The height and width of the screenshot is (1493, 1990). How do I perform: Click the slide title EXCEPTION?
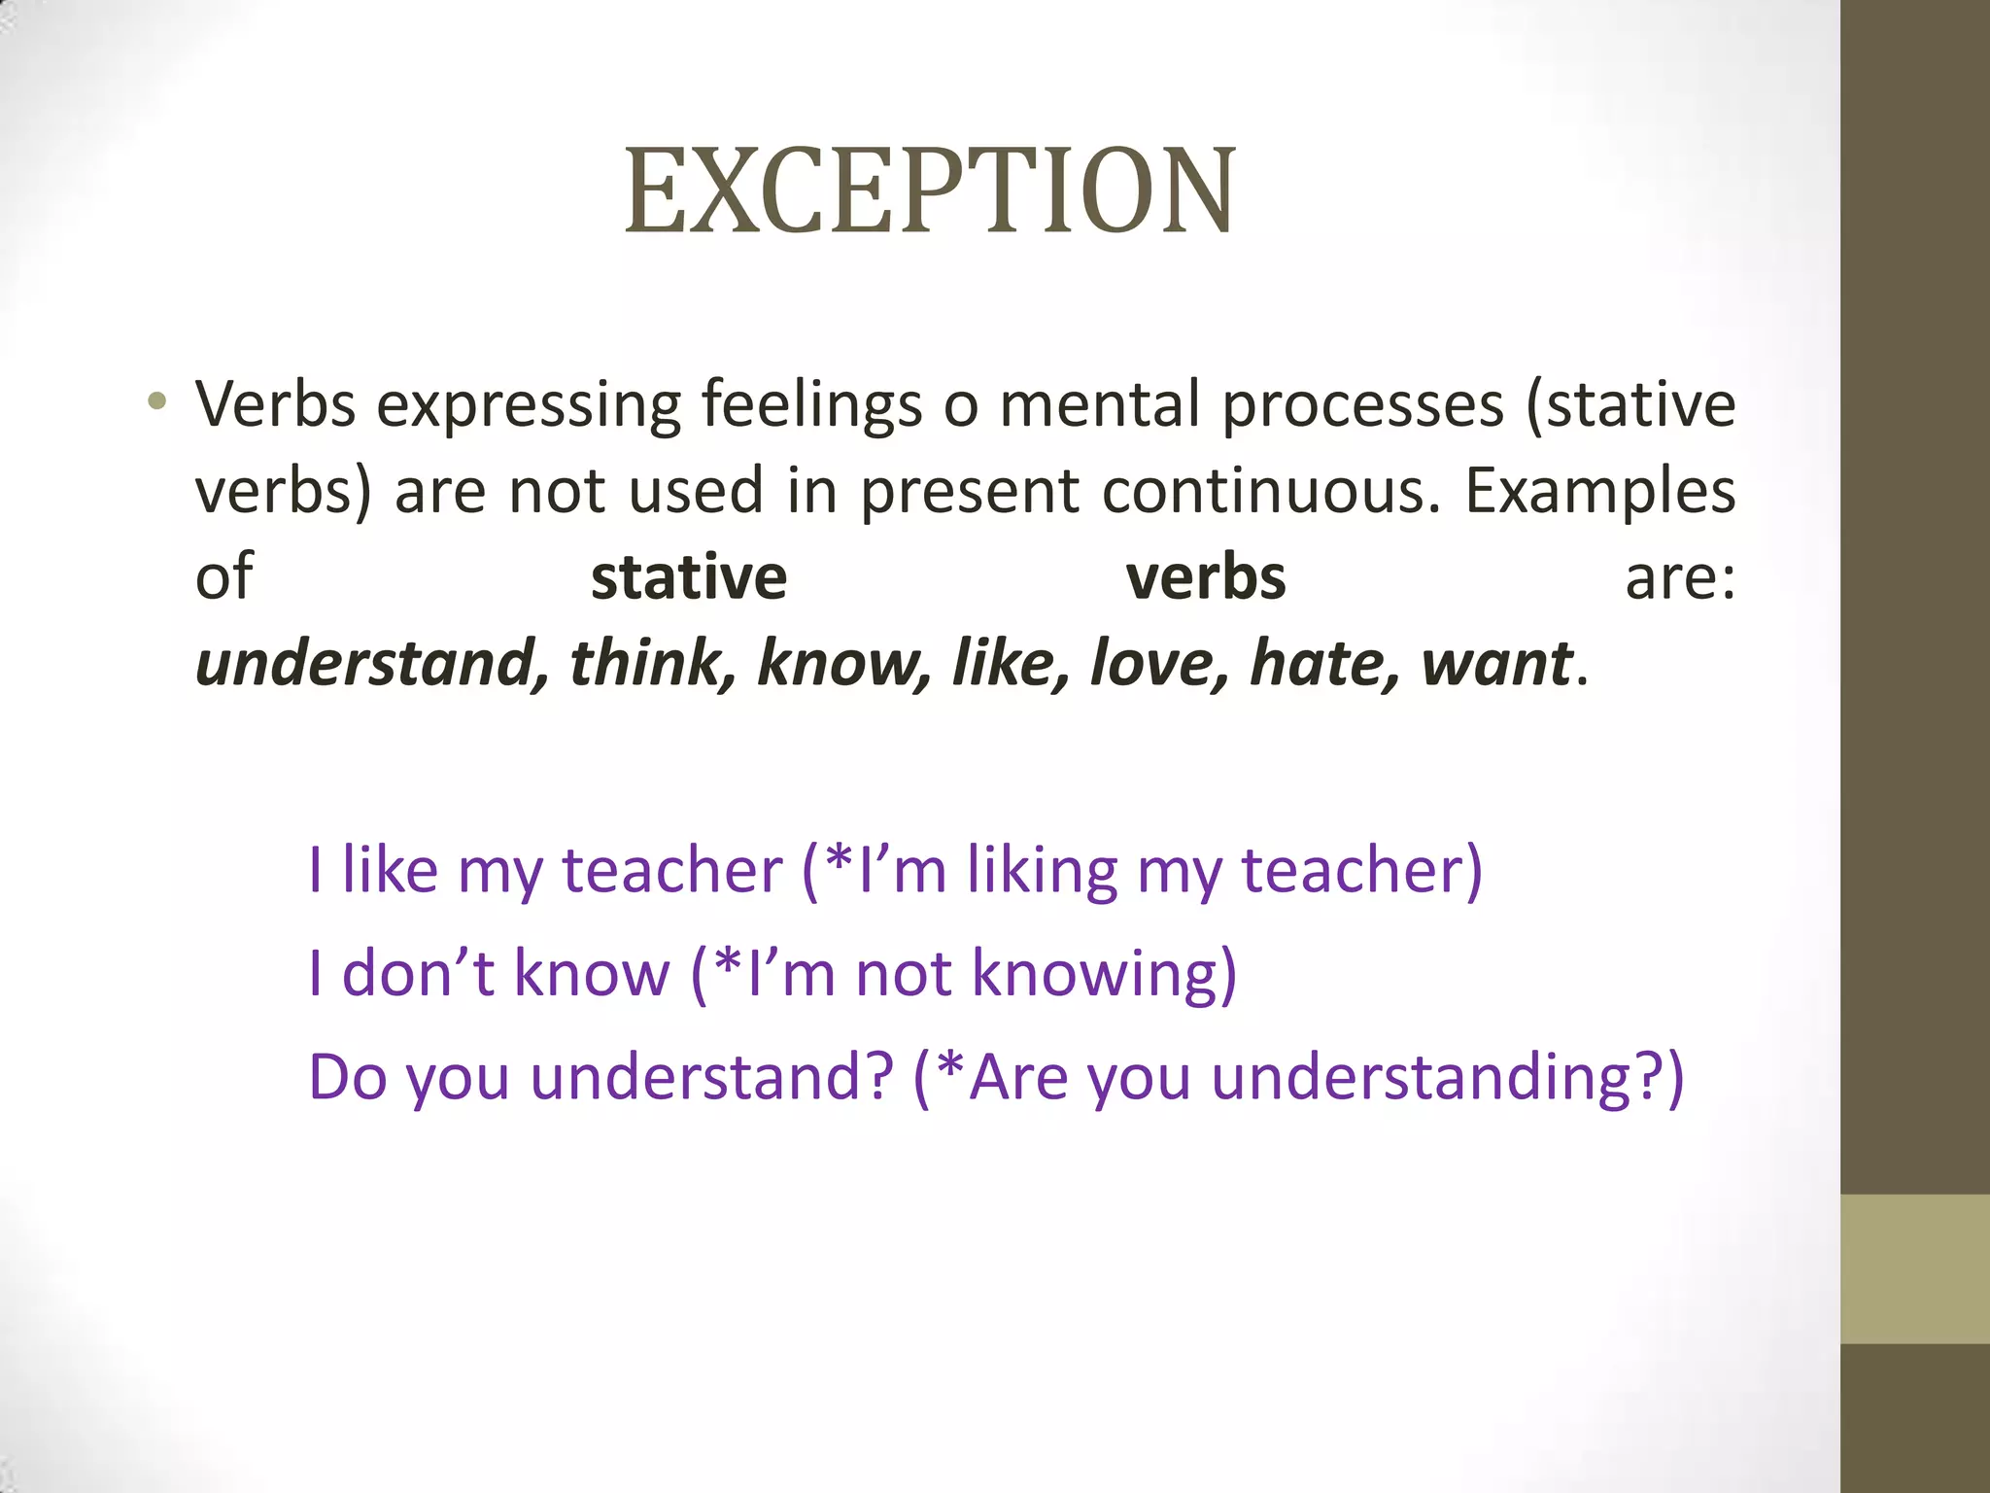[x=929, y=191]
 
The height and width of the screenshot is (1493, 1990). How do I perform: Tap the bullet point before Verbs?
[x=156, y=401]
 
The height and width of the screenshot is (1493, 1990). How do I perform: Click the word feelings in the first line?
[x=811, y=404]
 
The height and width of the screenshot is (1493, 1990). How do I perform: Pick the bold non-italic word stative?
[x=689, y=577]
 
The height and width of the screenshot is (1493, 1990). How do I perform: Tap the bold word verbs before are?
[x=1206, y=577]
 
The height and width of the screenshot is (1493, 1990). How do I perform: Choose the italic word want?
[x=1496, y=663]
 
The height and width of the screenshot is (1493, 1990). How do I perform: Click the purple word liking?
[x=1042, y=871]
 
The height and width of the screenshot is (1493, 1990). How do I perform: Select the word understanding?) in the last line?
[x=1448, y=1079]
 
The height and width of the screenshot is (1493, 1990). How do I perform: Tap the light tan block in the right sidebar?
[x=1914, y=1268]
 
